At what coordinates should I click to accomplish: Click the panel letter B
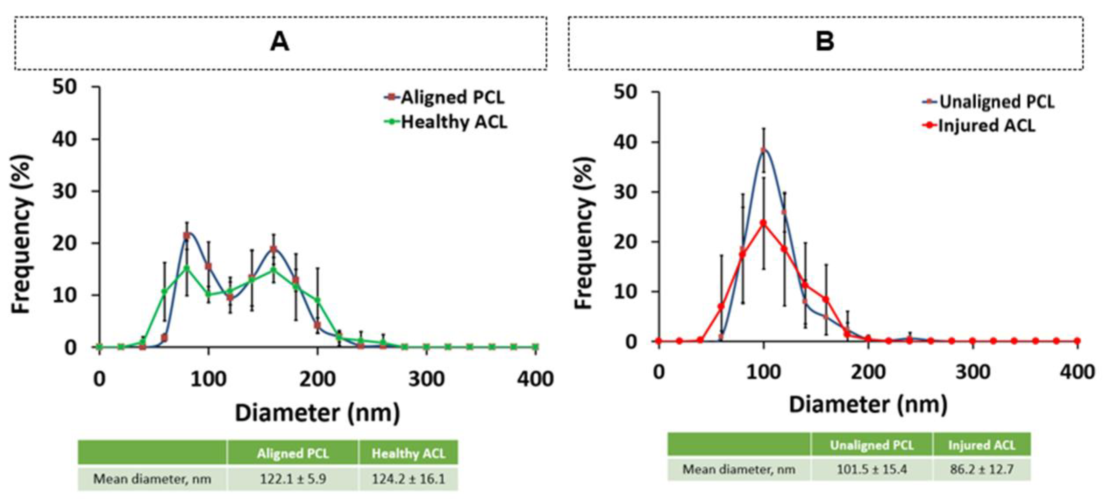825,42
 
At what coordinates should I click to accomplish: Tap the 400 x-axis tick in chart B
1077,372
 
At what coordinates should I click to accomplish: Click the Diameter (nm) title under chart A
317,413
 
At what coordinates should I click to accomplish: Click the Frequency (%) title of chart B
585,233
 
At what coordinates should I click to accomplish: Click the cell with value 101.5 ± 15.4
871,470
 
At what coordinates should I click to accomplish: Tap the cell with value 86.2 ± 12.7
982,470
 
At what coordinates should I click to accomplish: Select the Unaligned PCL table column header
871,445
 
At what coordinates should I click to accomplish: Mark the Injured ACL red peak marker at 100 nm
763,223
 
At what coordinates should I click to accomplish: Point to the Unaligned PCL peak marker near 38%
763,150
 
